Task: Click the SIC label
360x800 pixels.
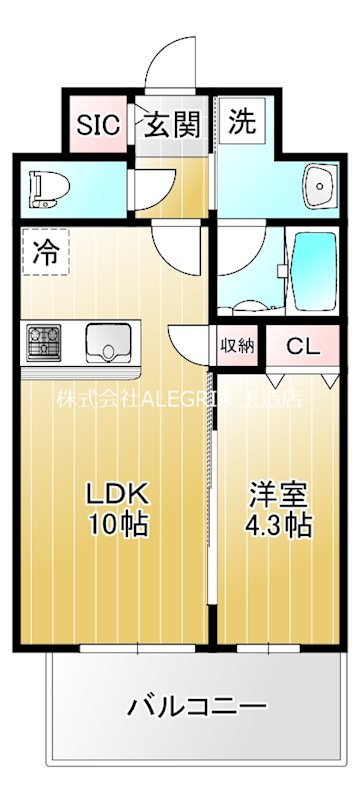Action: (x=99, y=125)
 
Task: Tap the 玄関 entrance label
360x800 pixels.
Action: (x=175, y=125)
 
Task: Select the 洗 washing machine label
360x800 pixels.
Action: (x=241, y=123)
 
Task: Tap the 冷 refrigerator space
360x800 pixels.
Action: (x=45, y=253)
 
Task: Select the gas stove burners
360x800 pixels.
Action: (x=43, y=343)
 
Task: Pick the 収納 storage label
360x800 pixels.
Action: (x=237, y=346)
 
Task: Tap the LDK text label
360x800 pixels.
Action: (x=116, y=493)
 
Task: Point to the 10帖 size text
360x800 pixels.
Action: (x=116, y=524)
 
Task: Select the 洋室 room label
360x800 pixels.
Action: (x=278, y=493)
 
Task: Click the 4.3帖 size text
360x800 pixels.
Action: (x=278, y=524)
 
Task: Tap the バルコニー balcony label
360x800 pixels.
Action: (x=197, y=708)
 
